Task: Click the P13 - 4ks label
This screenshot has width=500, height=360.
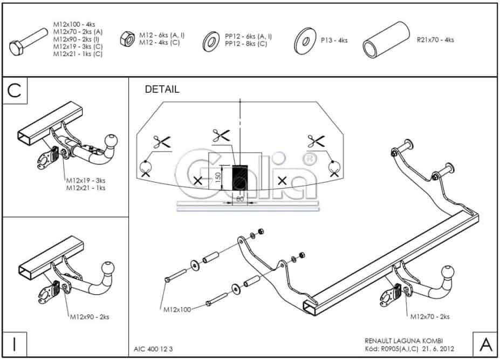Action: (334, 40)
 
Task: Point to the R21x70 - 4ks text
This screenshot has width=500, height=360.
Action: (435, 40)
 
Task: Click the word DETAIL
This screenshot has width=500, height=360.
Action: (162, 90)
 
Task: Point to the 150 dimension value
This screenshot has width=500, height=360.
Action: (218, 177)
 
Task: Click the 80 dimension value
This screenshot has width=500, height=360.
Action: (241, 199)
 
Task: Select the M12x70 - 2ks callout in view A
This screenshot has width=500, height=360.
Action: (430, 317)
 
